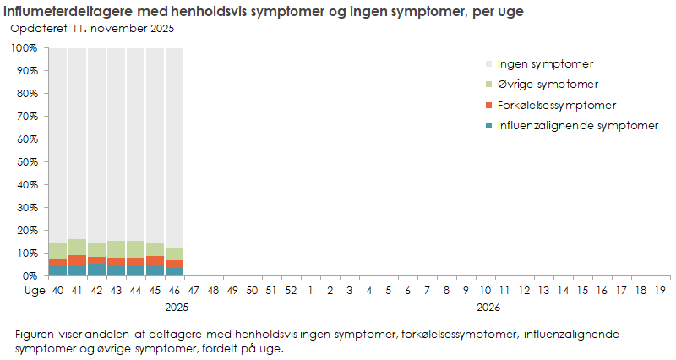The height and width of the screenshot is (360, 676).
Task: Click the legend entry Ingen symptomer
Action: click(545, 63)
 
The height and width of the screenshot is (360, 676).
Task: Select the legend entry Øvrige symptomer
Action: click(548, 85)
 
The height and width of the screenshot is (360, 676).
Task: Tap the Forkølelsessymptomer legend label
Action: click(556, 106)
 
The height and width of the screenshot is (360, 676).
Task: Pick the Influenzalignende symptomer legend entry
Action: click(577, 126)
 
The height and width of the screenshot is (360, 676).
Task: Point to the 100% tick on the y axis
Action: click(24, 48)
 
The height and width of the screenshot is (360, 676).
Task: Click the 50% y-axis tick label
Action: click(26, 162)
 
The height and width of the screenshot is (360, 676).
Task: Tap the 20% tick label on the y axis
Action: click(26, 231)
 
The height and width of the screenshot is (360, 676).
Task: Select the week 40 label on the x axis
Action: click(57, 290)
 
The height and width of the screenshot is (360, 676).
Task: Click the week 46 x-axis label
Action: click(174, 290)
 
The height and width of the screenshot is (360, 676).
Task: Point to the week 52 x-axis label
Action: click(291, 290)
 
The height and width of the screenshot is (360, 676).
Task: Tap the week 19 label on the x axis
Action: click(661, 290)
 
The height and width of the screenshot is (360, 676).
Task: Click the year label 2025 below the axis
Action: click(174, 308)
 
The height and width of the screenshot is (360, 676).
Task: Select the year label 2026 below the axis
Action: click(486, 308)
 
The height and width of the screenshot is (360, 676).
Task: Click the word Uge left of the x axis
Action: click(34, 290)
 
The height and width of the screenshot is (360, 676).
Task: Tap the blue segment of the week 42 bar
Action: click(96, 270)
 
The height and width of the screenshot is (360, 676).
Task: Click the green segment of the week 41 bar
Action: click(77, 247)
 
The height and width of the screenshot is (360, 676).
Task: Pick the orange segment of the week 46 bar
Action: click(174, 265)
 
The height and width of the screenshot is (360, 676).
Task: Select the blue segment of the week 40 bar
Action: click(57, 270)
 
